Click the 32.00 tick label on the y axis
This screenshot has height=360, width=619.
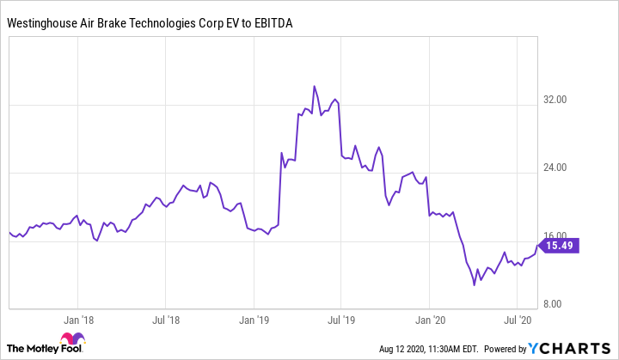point(556,100)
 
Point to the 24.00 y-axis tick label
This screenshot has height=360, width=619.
point(556,168)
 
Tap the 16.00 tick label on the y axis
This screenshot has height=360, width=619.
point(556,236)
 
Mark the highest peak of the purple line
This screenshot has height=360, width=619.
point(315,86)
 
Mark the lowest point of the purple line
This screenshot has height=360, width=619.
point(475,285)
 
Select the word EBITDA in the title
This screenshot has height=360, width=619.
point(268,24)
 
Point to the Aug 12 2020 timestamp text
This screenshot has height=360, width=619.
point(427,349)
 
